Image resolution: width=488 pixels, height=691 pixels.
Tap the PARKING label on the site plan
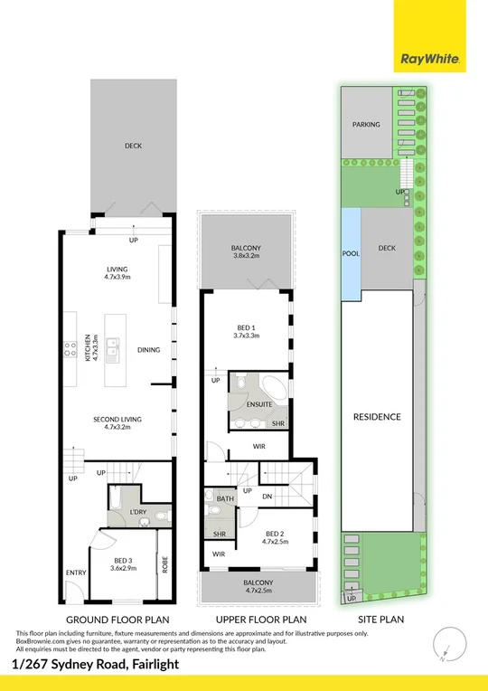point(366,125)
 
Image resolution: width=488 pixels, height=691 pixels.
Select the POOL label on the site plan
point(351,254)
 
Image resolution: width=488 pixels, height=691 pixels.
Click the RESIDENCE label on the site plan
point(377,417)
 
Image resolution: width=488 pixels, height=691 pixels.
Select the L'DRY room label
point(138,513)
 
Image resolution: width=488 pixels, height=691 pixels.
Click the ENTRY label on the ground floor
point(75,573)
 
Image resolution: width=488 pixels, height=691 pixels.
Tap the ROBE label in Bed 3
point(164,564)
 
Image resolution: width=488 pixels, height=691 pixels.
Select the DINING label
point(148,350)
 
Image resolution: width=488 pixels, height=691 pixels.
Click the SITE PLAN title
point(380,620)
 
